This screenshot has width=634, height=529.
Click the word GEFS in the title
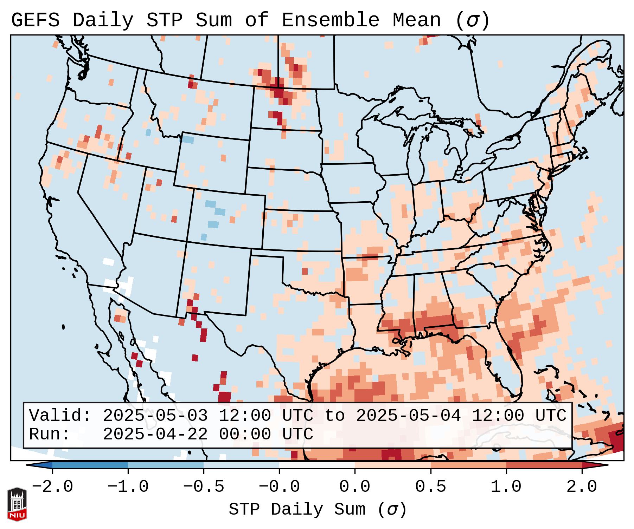tap(35, 20)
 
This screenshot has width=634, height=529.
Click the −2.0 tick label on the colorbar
tap(52, 487)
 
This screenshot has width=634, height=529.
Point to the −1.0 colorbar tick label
tap(128, 487)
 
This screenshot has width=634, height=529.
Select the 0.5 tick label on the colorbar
tap(430, 487)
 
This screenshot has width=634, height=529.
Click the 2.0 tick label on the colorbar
tap(582, 487)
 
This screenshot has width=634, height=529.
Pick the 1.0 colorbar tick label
tap(506, 487)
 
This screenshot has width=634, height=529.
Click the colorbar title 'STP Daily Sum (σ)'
tap(318, 510)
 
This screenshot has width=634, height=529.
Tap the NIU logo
tap(17, 504)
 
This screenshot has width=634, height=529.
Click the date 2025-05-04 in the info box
tap(408, 416)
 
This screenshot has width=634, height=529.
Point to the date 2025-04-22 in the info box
tap(155, 435)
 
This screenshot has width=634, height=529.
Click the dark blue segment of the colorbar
tap(90, 465)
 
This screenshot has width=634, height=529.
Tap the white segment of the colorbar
tap(317, 465)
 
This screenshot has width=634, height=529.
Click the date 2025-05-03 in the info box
tap(155, 416)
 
